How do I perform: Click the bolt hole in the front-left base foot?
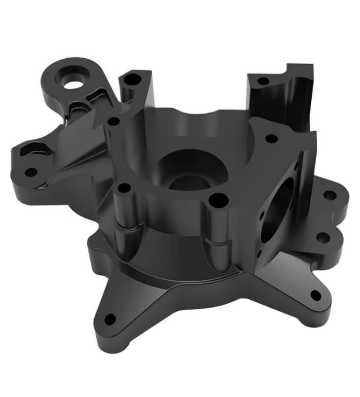110,319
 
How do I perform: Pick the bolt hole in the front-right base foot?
316,296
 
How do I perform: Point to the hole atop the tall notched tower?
263,80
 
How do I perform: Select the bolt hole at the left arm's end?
31,172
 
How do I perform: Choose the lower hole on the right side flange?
323,238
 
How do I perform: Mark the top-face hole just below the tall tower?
271,139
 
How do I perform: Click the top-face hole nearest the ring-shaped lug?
114,121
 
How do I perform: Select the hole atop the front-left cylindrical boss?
125,188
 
